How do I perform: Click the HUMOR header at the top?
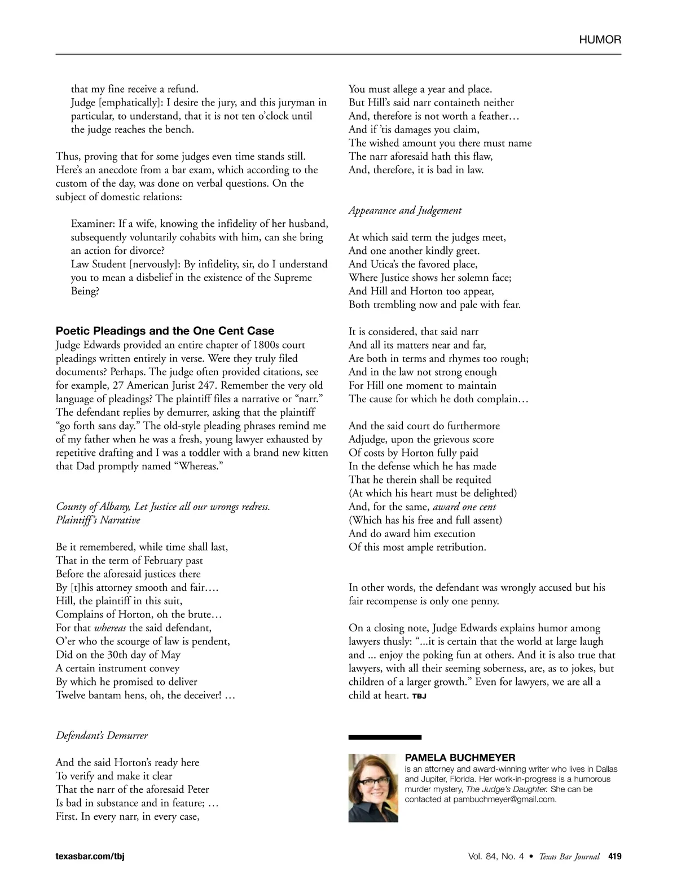click(600, 40)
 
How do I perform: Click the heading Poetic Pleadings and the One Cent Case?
click(165, 331)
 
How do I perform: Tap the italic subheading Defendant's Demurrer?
click(102, 736)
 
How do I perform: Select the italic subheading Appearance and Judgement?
click(405, 210)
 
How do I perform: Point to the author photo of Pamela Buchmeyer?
click(373, 788)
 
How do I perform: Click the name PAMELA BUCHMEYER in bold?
click(460, 758)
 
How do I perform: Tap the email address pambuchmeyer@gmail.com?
click(504, 799)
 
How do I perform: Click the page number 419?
click(614, 856)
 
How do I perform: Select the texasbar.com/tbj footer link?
click(90, 856)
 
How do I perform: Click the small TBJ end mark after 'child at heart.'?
click(419, 697)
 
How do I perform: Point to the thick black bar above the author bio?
click(385, 737)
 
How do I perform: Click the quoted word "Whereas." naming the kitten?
click(197, 467)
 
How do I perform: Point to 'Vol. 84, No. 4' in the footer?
click(495, 856)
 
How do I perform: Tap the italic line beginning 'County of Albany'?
click(162, 507)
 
